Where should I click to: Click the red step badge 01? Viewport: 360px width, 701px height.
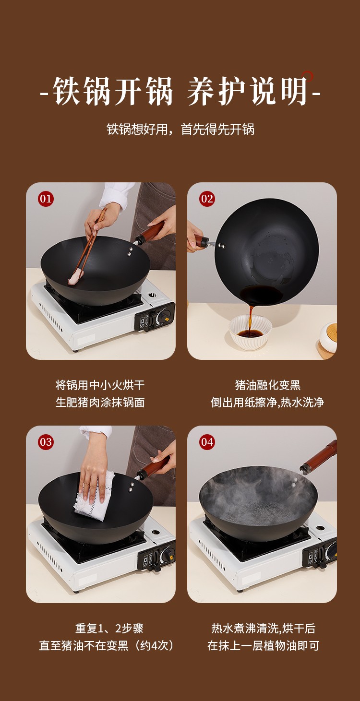[x=46, y=199]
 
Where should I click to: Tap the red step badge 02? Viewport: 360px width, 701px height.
[x=207, y=199]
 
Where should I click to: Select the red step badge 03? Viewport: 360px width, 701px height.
[x=46, y=442]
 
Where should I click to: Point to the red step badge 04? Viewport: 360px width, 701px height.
[x=207, y=442]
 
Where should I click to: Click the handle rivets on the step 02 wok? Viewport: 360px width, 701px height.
[x=222, y=246]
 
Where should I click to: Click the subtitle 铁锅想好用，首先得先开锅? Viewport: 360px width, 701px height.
[x=180, y=129]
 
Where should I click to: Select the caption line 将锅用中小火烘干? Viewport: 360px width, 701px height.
[x=100, y=385]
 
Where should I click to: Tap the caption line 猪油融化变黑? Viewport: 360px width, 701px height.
[x=268, y=385]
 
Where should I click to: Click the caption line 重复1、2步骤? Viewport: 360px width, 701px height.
[x=109, y=628]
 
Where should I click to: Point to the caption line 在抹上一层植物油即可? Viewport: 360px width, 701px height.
[x=263, y=646]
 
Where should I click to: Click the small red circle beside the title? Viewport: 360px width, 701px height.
[x=307, y=76]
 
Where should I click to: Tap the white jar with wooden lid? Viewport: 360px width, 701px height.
[x=328, y=338]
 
